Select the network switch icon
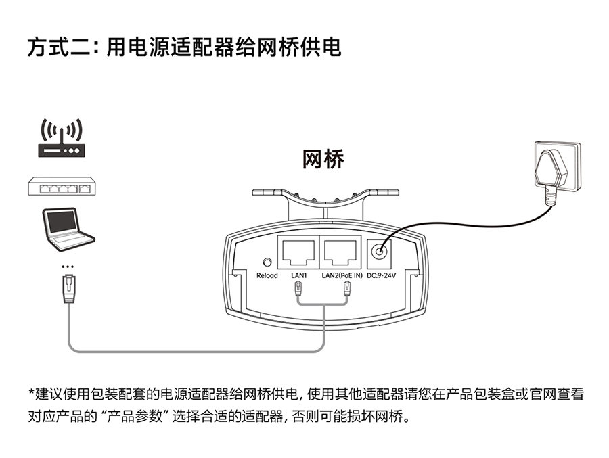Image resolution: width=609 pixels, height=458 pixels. point(62,186)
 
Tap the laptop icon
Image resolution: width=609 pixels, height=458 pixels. point(67,228)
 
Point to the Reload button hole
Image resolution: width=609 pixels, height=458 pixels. point(267,261)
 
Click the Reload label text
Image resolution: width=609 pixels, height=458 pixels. point(267,275)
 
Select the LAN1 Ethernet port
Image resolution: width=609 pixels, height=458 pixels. point(298,252)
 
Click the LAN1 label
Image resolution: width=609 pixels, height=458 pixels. point(298,275)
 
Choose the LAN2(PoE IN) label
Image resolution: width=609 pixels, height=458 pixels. point(342,275)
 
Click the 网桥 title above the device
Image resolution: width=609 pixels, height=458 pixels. point(323,160)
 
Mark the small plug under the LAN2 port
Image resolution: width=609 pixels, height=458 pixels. point(347,290)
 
